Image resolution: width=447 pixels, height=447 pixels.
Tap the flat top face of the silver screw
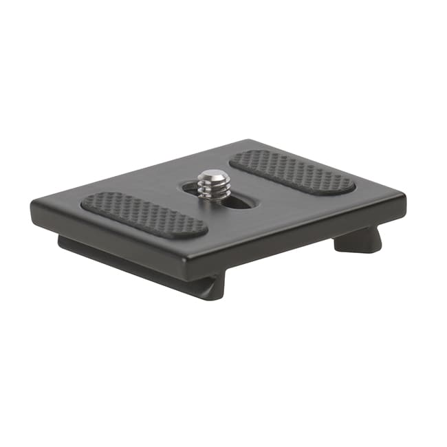[x=214, y=177]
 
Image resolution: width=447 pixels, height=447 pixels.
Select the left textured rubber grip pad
[x=144, y=215]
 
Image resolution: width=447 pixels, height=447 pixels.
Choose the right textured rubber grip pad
[x=292, y=172]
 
